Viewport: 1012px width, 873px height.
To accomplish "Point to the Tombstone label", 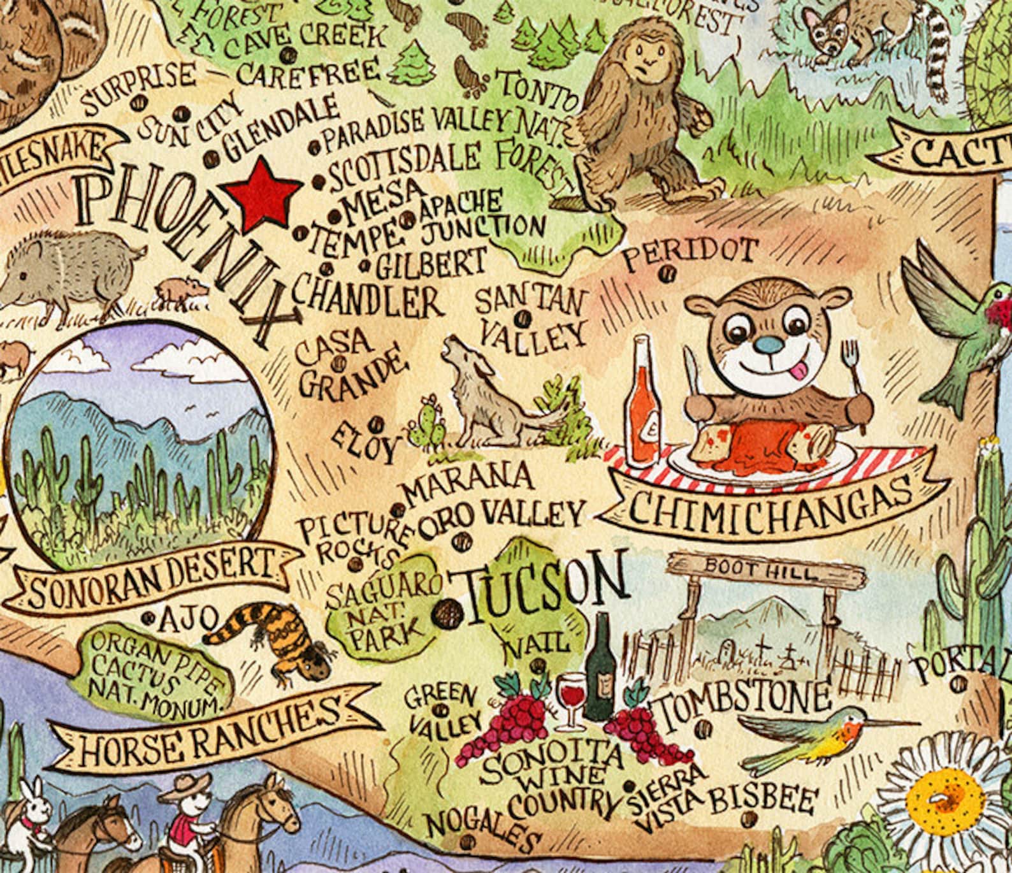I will [743, 700].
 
